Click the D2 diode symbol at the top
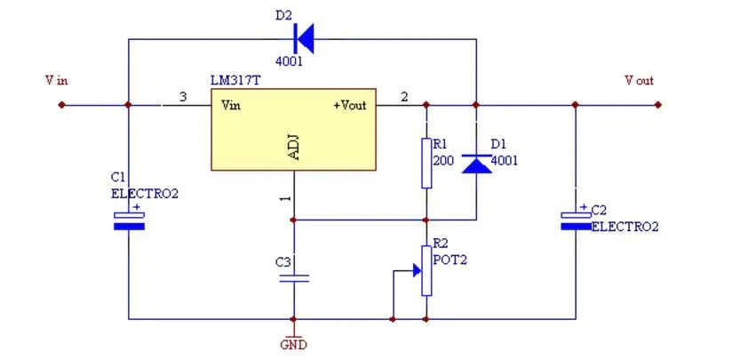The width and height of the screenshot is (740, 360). (x=304, y=38)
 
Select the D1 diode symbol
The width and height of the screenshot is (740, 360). (x=477, y=162)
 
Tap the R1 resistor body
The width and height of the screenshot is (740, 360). (x=426, y=163)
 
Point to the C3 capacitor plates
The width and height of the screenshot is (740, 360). (x=293, y=278)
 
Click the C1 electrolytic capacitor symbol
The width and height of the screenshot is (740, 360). (x=129, y=220)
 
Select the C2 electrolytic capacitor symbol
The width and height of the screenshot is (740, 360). (x=576, y=220)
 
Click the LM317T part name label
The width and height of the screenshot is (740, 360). (x=235, y=81)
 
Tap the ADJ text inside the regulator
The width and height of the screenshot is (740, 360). (x=294, y=148)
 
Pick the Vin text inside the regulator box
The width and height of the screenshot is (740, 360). (x=231, y=105)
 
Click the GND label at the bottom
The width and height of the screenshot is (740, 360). (x=293, y=344)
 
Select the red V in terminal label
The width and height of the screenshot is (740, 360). (x=56, y=81)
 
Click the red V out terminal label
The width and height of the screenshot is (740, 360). (x=639, y=81)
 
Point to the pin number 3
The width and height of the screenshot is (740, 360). (x=183, y=96)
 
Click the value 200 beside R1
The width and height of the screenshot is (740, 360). (x=442, y=161)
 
